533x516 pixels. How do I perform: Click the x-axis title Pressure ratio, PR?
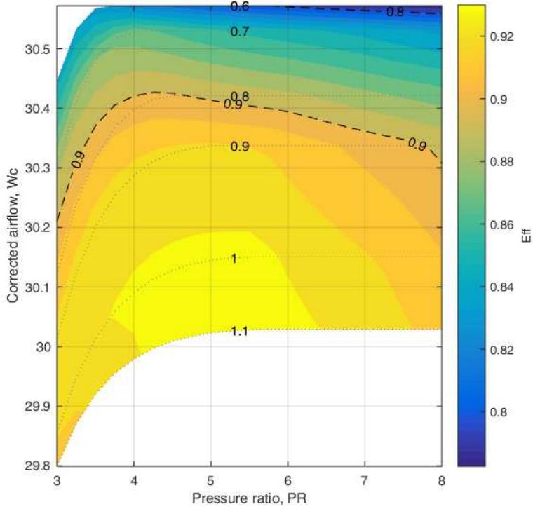(249, 498)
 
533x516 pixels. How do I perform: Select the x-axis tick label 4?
(133, 481)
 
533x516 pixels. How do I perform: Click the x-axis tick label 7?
(364, 481)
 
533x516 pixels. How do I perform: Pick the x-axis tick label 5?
(210, 481)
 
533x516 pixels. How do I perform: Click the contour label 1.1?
(239, 332)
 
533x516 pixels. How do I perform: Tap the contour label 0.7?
(240, 32)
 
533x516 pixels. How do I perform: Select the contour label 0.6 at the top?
(240, 7)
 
